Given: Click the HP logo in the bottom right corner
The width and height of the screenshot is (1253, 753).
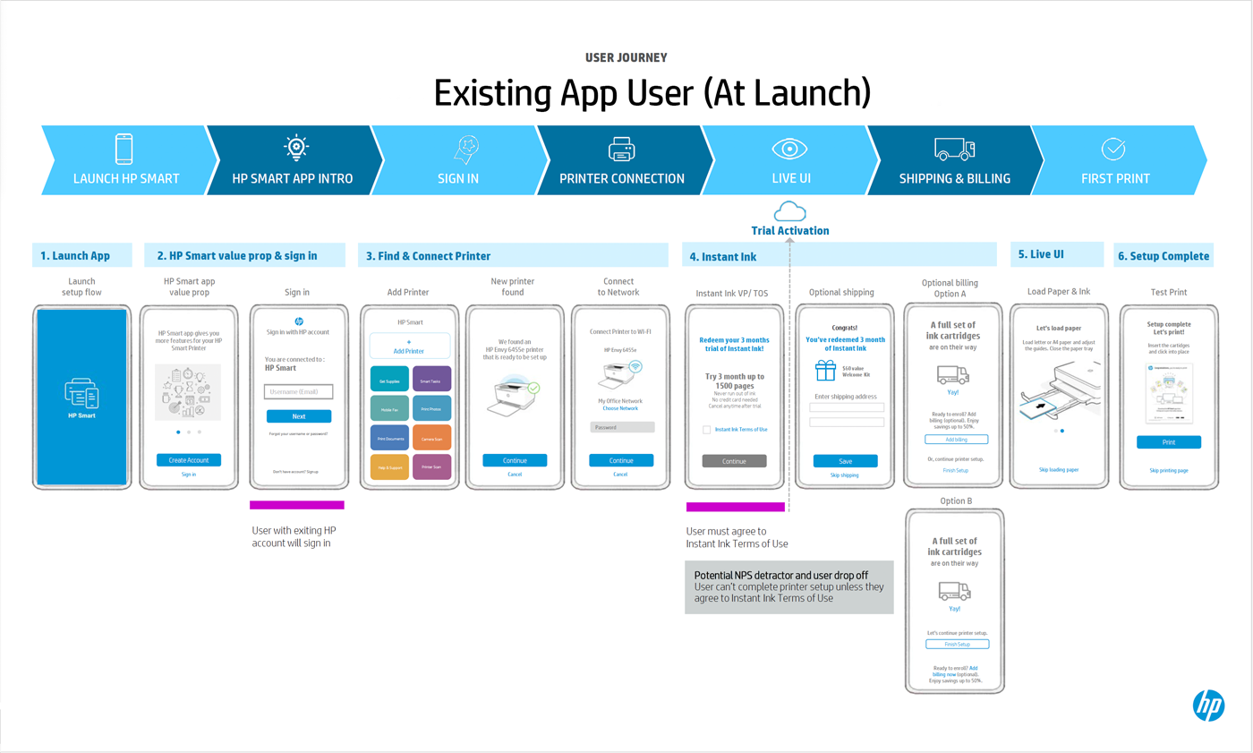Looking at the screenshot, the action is click(x=1207, y=706).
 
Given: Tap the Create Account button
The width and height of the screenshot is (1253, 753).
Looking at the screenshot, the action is click(x=188, y=460).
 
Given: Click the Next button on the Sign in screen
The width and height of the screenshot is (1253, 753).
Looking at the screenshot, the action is click(x=299, y=416).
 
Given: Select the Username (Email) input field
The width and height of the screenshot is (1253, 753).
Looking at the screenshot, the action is click(x=299, y=391).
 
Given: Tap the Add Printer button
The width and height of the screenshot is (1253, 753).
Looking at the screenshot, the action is click(x=409, y=347).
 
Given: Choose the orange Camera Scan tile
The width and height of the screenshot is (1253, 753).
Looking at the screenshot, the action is click(x=431, y=439).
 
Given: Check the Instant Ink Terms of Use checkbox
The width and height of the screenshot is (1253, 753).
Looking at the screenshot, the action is click(x=707, y=430).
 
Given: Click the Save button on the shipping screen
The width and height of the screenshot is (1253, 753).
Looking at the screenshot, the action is click(x=845, y=461).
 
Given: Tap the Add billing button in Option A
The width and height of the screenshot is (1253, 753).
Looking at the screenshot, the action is click(x=956, y=440).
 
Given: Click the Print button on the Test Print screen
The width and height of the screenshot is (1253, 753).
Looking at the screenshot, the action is click(x=1169, y=442).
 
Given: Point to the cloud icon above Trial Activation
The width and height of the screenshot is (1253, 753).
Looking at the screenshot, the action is click(x=790, y=211).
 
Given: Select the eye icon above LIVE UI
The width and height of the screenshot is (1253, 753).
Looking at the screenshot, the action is click(x=790, y=149).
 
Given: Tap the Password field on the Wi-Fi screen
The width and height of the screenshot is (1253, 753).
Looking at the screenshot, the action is click(x=621, y=427).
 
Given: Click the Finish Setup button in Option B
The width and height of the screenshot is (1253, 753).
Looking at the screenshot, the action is click(x=957, y=644).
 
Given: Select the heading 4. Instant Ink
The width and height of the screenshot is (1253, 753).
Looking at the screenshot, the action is click(x=723, y=257).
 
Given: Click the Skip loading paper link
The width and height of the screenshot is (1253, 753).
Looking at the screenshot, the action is click(x=1059, y=469).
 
